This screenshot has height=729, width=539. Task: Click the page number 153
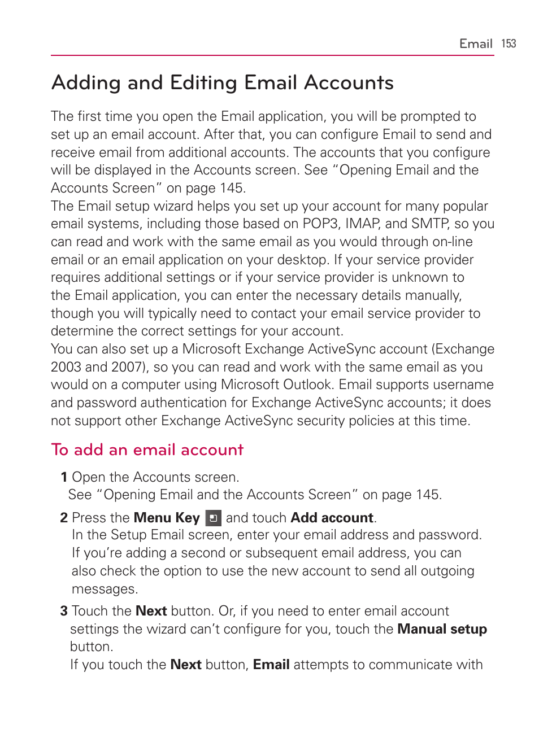[508, 43]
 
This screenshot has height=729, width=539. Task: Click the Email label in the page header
[476, 43]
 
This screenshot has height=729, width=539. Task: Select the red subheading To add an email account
[147, 449]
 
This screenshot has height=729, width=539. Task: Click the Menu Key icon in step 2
[213, 518]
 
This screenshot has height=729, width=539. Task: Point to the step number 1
[64, 477]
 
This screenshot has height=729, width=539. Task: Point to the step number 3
[64, 611]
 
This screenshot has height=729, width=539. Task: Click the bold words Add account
[332, 518]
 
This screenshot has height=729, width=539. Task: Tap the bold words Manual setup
[442, 629]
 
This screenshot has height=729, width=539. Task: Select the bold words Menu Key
[167, 518]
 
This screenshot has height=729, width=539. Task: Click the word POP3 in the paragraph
[320, 224]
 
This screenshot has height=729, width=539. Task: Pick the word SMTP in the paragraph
[430, 224]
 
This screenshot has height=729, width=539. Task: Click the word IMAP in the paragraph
[362, 224]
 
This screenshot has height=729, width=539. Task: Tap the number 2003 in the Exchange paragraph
[66, 367]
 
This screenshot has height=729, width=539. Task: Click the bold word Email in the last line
[271, 665]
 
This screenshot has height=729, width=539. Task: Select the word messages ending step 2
[104, 589]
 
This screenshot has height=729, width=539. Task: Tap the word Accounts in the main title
[349, 83]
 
